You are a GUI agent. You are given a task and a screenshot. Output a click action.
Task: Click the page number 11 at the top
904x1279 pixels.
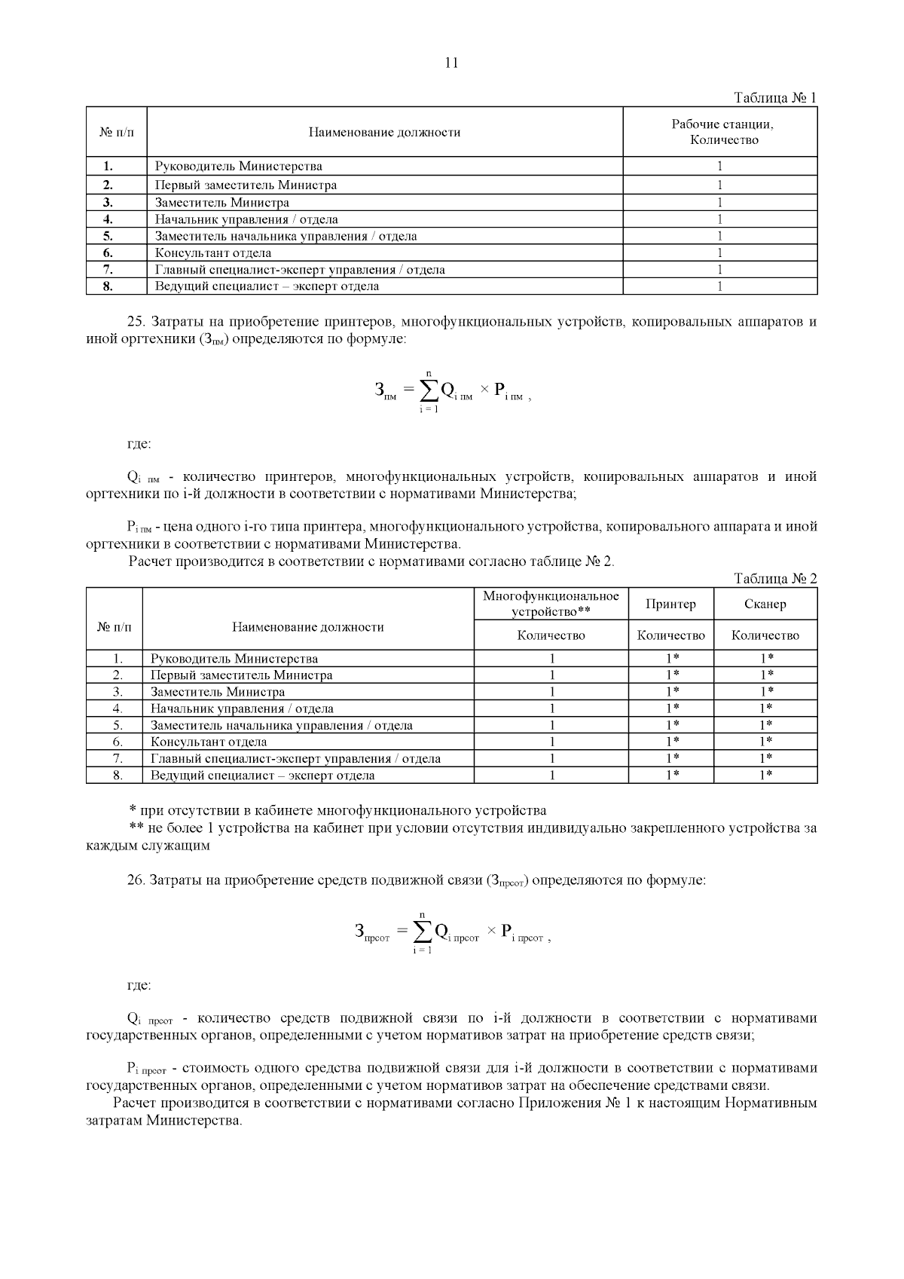pos(451,63)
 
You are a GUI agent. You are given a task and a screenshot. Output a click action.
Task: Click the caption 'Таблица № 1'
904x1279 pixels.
pos(775,98)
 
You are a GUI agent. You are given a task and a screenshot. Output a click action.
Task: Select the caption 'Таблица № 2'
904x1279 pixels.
pos(775,579)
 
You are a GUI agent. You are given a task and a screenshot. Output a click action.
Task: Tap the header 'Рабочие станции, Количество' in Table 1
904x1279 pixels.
pos(722,132)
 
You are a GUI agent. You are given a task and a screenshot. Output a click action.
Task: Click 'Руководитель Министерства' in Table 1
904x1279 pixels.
pos(238,167)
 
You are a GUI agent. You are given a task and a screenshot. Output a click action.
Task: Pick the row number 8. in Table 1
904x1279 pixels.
pos(108,286)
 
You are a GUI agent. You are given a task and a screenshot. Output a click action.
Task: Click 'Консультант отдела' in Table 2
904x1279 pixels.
pos(208,742)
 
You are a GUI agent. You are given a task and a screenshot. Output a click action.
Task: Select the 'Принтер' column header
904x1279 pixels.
pos(670,604)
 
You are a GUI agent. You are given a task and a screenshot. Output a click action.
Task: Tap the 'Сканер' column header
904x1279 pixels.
pos(765,604)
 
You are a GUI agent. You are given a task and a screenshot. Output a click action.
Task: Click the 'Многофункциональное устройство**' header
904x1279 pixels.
pos(551,603)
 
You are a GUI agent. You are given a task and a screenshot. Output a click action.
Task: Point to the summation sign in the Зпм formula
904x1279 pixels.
pos(429,390)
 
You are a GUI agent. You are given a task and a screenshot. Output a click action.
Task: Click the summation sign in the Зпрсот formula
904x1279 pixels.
pos(422,932)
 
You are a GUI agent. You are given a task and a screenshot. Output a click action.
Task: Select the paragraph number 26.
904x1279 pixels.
pos(136,880)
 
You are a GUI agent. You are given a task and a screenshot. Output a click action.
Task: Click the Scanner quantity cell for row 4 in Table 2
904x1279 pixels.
pos(765,708)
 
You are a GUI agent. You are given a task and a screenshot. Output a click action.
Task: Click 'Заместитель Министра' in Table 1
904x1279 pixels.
pos(221,202)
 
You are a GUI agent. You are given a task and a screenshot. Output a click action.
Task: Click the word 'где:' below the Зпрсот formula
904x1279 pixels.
pos(139,985)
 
